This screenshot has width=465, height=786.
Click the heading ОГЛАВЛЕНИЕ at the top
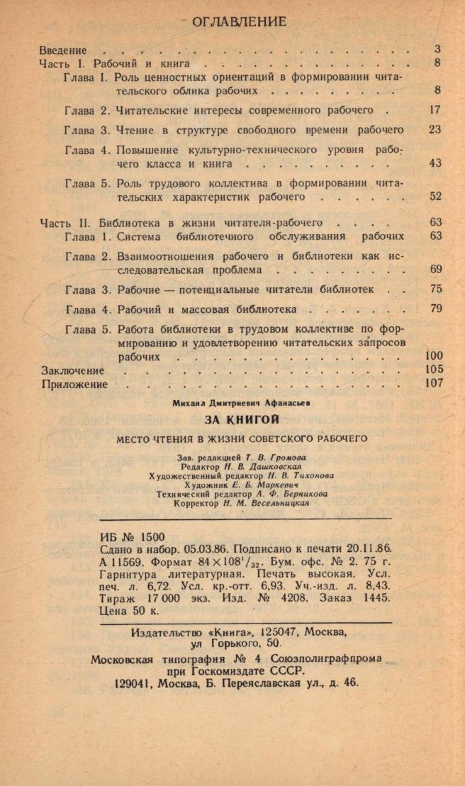[239, 21]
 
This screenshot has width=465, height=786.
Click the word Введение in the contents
[62, 50]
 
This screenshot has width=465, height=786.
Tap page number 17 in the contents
[435, 110]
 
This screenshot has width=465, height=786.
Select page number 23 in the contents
[435, 130]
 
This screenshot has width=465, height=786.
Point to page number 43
[435, 163]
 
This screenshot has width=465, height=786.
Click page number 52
[435, 196]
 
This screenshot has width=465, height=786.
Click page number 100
[433, 356]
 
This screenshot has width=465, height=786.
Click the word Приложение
[74, 384]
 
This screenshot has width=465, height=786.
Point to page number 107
[433, 383]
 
